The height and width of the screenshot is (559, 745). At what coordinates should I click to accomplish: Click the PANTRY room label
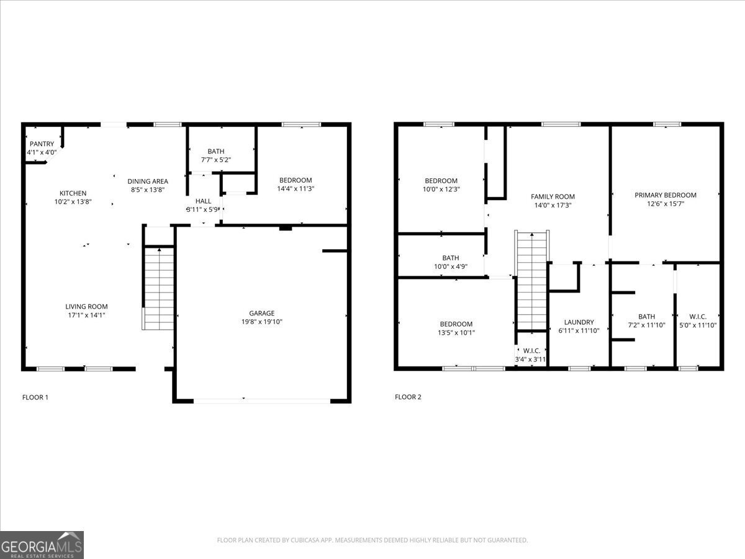(42, 144)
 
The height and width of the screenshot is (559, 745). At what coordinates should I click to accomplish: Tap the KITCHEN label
(73, 193)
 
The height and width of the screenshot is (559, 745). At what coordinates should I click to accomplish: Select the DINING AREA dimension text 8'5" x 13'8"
(148, 189)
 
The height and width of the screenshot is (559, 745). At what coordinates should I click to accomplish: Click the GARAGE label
(262, 313)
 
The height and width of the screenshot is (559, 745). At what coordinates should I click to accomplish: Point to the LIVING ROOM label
(86, 306)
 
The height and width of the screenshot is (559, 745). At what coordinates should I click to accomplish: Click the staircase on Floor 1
(158, 288)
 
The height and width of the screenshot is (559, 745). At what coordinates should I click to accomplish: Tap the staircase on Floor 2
(532, 281)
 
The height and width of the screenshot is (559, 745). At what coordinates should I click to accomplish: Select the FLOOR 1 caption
(35, 397)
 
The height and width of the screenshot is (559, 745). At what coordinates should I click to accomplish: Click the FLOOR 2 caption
(408, 397)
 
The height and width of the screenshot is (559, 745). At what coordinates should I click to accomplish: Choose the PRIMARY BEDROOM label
(666, 195)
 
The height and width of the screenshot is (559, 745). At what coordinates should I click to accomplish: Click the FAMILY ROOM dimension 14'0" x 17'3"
(553, 205)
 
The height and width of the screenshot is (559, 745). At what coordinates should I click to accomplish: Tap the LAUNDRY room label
(579, 322)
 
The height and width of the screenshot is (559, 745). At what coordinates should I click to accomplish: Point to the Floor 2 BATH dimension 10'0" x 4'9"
(451, 266)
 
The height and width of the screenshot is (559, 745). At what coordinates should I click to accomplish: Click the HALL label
(203, 201)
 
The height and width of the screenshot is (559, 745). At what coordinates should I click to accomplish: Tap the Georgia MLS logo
(42, 545)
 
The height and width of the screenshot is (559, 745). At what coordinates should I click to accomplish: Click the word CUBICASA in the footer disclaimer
(305, 540)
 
